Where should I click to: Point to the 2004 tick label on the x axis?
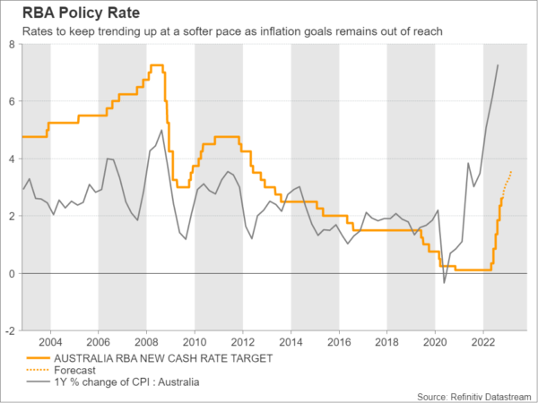click(x=50, y=342)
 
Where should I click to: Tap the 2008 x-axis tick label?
click(x=146, y=342)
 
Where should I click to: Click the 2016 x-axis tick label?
click(x=338, y=342)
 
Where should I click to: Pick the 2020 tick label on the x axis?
click(x=435, y=342)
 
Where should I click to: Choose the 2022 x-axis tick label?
click(x=482, y=342)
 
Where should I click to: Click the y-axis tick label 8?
click(x=13, y=45)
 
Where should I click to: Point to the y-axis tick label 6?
click(x=13, y=102)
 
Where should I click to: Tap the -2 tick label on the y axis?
click(x=11, y=330)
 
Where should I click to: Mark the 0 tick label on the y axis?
click(x=13, y=273)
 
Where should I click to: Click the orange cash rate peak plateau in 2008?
click(x=156, y=65)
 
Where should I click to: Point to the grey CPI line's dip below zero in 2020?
click(x=444, y=283)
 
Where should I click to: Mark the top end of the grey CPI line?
click(x=498, y=65)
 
